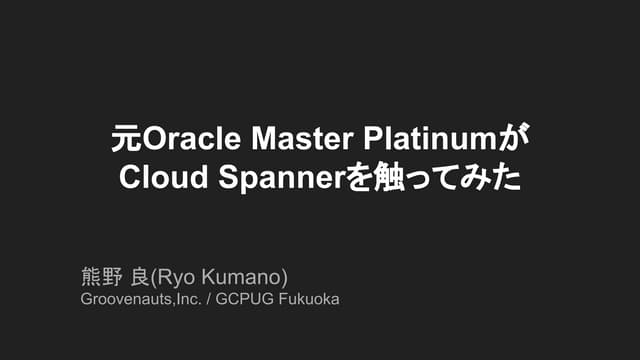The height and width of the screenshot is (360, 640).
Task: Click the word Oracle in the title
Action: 187,137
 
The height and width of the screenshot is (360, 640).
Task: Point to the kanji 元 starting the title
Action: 124,137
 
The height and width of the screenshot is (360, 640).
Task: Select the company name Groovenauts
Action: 124,298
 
